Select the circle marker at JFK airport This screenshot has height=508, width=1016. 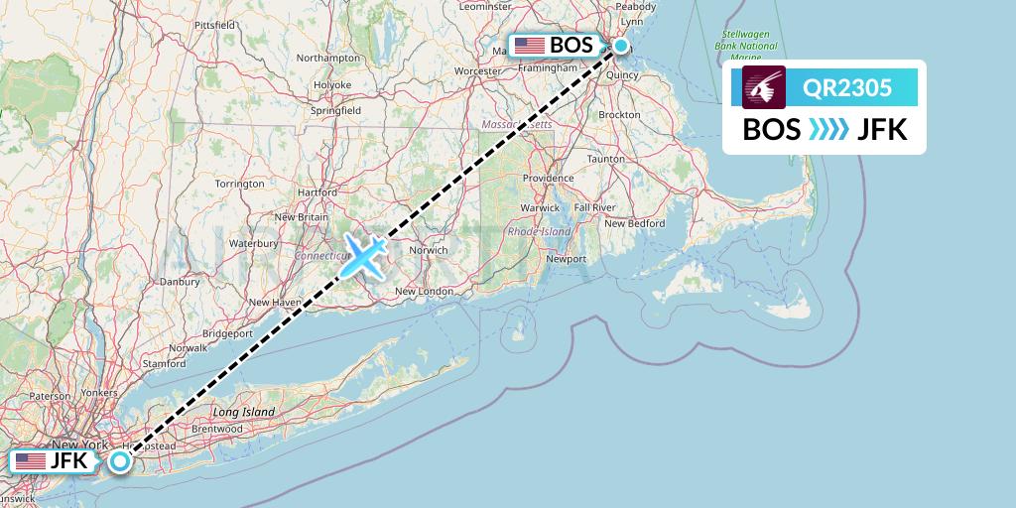120,461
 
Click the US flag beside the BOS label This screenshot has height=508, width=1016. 529,46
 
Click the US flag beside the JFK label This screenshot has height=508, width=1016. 31,461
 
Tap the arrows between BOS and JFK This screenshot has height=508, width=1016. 829,129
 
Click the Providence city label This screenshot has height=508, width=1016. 549,178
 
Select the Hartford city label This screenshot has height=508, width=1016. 317,192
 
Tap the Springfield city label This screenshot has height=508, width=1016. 335,111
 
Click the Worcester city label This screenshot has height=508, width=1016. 477,71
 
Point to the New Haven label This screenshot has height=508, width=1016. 273,303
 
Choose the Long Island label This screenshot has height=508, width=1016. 243,411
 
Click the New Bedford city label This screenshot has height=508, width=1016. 634,223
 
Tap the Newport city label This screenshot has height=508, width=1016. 567,259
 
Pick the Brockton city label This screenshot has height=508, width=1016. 619,115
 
